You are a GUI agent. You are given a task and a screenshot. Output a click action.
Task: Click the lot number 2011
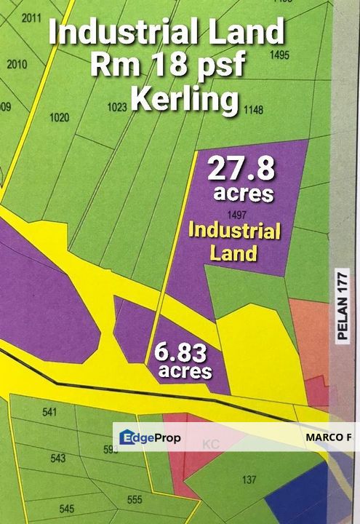31,19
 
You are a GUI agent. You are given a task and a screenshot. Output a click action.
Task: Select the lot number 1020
59,116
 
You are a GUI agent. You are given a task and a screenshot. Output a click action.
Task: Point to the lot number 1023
116,107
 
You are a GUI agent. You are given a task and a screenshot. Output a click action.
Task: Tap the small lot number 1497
236,215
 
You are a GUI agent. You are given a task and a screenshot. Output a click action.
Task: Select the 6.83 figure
180,354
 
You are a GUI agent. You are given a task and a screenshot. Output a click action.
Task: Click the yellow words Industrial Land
234,242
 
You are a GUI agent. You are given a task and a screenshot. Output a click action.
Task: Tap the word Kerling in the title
185,99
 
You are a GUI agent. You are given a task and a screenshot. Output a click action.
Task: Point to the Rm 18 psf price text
167,66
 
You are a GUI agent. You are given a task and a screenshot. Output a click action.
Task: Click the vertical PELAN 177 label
343,306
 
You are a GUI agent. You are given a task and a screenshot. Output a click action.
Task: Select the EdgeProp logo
150,438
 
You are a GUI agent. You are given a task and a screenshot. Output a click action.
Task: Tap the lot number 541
49,413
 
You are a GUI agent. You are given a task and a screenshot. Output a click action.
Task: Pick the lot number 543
58,458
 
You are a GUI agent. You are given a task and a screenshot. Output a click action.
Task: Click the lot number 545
67,508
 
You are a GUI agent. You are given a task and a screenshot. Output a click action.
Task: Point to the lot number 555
134,500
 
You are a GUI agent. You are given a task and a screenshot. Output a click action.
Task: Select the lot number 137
249,480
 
